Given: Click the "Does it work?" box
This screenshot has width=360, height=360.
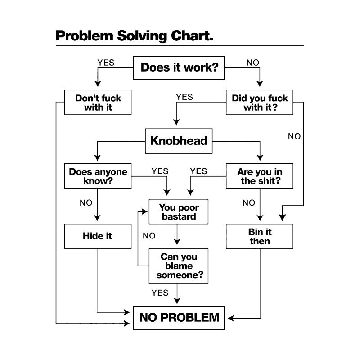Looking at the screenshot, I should pyautogui.click(x=179, y=67).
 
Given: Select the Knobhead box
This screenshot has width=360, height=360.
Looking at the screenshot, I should pyautogui.click(x=179, y=141).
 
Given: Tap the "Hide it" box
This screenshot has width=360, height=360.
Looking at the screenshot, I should pyautogui.click(x=97, y=236).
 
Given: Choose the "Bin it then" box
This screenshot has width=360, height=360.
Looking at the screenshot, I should pyautogui.click(x=260, y=236).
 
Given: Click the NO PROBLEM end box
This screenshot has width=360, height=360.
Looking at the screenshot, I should pyautogui.click(x=179, y=318).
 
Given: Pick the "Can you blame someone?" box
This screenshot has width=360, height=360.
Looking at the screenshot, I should pyautogui.click(x=179, y=265).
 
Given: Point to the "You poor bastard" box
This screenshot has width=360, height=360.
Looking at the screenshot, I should pyautogui.click(x=179, y=212).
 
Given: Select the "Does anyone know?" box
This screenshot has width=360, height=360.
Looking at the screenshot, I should pyautogui.click(x=98, y=176).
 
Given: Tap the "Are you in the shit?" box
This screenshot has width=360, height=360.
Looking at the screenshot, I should pyautogui.click(x=260, y=176).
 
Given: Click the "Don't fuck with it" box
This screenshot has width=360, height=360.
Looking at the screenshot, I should pyautogui.click(x=98, y=103).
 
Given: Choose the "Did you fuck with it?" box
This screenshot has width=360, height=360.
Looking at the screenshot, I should pyautogui.click(x=260, y=103).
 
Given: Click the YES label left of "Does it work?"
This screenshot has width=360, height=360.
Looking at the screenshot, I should pyautogui.click(x=106, y=63).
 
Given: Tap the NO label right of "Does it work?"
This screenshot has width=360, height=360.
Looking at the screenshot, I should pyautogui.click(x=253, y=63).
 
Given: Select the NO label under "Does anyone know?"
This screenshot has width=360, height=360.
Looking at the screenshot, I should pyautogui.click(x=86, y=203).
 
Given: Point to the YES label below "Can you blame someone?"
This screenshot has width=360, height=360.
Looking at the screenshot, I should pyautogui.click(x=160, y=293).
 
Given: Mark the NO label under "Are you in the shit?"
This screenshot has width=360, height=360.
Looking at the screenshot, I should pyautogui.click(x=248, y=203).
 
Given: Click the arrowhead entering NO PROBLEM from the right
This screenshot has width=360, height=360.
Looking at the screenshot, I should pyautogui.click(x=230, y=318).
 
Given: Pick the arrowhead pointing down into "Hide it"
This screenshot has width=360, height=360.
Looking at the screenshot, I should pyautogui.click(x=97, y=220).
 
